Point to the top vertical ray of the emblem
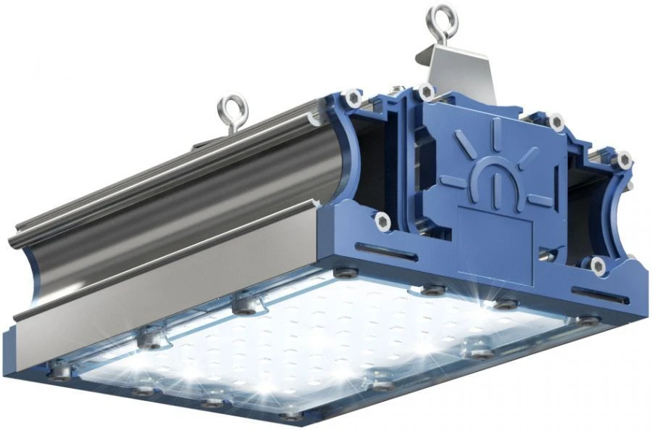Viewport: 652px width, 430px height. [498, 131]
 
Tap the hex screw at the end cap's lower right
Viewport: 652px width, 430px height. [598, 265]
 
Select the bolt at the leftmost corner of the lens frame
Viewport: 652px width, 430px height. [62, 373]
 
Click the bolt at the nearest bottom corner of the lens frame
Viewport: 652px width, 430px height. [291, 416]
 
